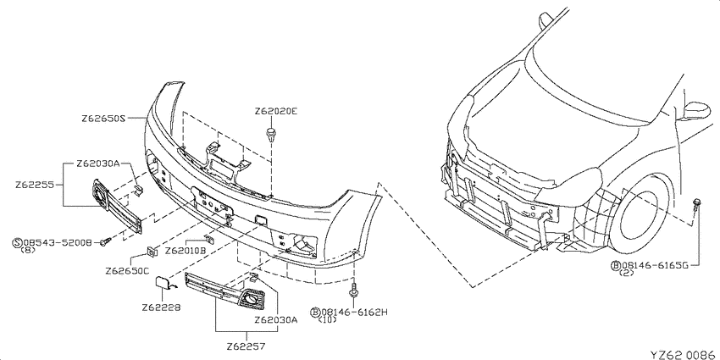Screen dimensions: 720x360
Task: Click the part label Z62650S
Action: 103,118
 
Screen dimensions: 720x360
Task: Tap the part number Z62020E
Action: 276,111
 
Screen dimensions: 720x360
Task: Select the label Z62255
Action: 35,185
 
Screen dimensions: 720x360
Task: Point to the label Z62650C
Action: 127,270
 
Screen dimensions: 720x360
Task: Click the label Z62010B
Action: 185,251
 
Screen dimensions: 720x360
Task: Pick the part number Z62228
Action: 161,307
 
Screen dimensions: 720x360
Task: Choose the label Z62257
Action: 246,345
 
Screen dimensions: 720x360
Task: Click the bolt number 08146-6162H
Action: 354,313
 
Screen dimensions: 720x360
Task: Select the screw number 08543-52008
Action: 58,241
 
